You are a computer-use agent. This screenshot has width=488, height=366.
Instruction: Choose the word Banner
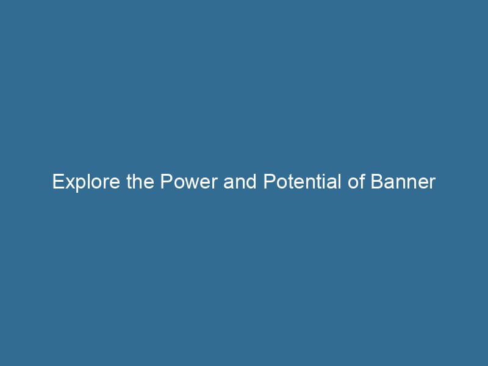pos(404,182)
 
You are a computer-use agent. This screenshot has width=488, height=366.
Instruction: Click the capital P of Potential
pos(269,182)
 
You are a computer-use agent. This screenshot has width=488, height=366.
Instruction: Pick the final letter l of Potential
pos(342,182)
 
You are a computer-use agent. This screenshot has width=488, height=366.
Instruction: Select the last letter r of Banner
pos(432,184)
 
